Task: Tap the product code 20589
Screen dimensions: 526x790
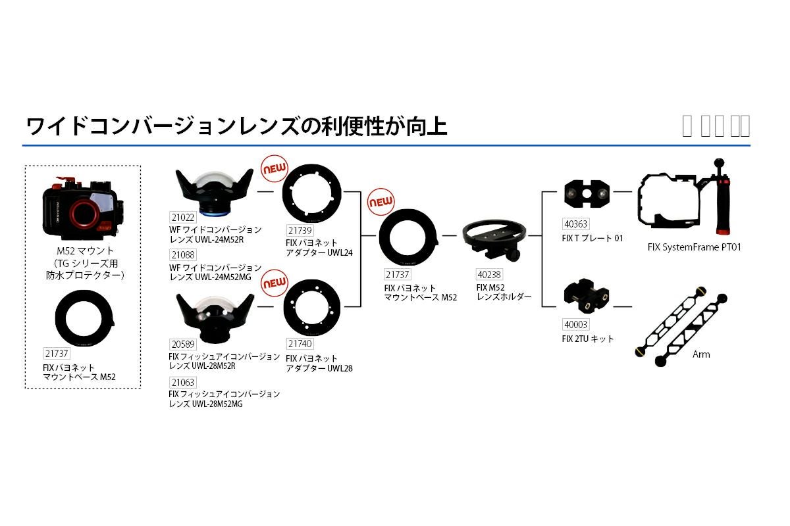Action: pyautogui.click(x=182, y=344)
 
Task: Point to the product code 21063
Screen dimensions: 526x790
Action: pyautogui.click(x=182, y=382)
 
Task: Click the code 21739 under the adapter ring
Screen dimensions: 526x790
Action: pyautogui.click(x=300, y=230)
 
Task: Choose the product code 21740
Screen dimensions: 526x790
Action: pyautogui.click(x=300, y=343)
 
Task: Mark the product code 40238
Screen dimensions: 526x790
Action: pyautogui.click(x=488, y=275)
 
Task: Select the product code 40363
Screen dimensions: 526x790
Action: pyautogui.click(x=576, y=225)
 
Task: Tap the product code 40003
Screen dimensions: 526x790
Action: pyautogui.click(x=576, y=325)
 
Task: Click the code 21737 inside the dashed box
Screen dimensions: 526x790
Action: pyautogui.click(x=57, y=353)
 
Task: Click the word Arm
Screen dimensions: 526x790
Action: pyautogui.click(x=701, y=354)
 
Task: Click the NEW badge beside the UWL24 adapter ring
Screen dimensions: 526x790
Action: pyautogui.click(x=275, y=169)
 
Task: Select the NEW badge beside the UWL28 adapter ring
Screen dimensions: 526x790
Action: pyautogui.click(x=275, y=283)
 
